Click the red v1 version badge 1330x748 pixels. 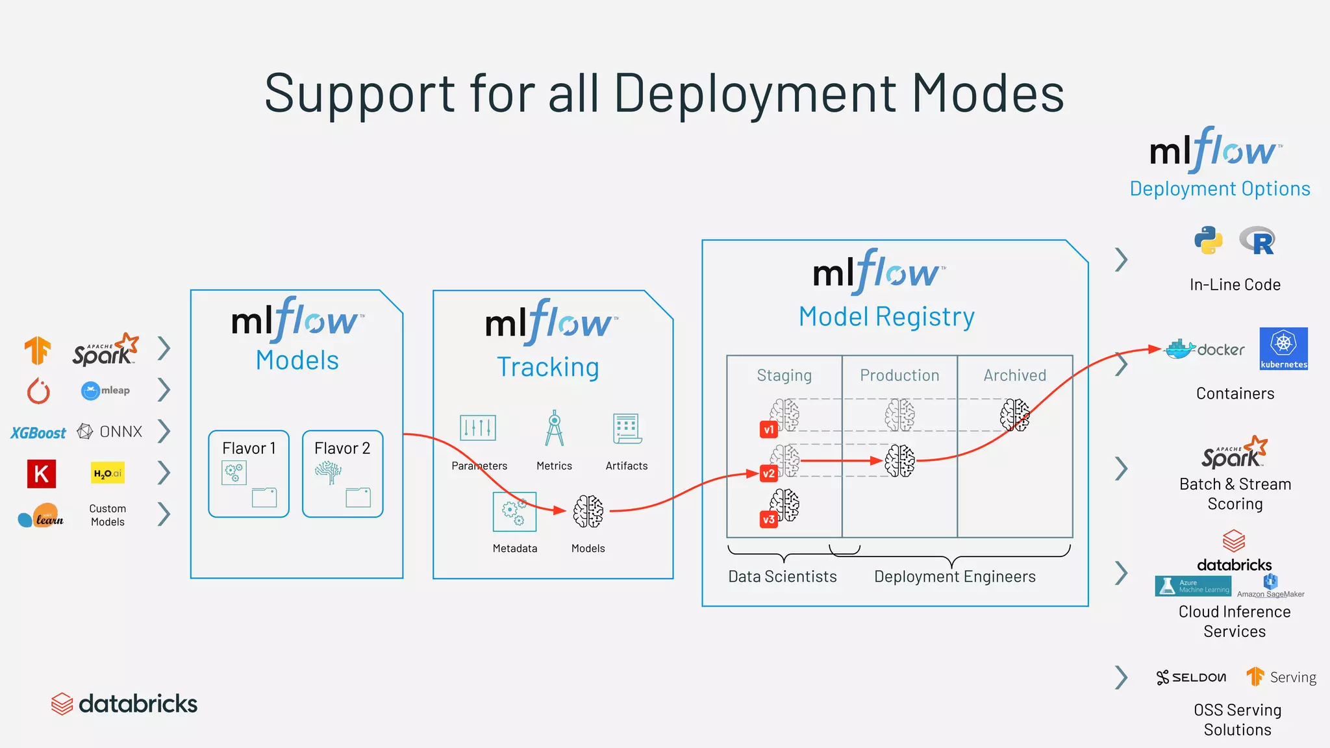pyautogui.click(x=769, y=429)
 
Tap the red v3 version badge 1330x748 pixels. pyautogui.click(x=768, y=519)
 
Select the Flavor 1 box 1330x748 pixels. pyautogui.click(x=249, y=474)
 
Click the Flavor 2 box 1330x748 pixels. pyautogui.click(x=342, y=474)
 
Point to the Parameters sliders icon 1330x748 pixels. pyautogui.click(x=478, y=428)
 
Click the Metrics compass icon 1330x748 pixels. pyautogui.click(x=554, y=428)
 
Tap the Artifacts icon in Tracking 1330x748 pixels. pyautogui.click(x=627, y=429)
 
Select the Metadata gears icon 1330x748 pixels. pyautogui.click(x=514, y=512)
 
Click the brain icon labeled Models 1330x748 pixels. pyautogui.click(x=588, y=511)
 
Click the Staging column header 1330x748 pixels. pyautogui.click(x=784, y=375)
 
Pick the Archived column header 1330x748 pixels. pyautogui.click(x=1014, y=375)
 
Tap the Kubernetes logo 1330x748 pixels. pyautogui.click(x=1283, y=349)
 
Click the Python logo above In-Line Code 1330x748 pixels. pyautogui.click(x=1208, y=240)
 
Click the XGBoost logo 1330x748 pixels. pyautogui.click(x=38, y=433)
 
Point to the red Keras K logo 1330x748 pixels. pyautogui.click(x=41, y=474)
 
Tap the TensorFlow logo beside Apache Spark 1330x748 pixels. pyautogui.click(x=38, y=351)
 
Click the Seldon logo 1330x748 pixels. pyautogui.click(x=1191, y=677)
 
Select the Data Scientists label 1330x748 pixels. pyautogui.click(x=783, y=577)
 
